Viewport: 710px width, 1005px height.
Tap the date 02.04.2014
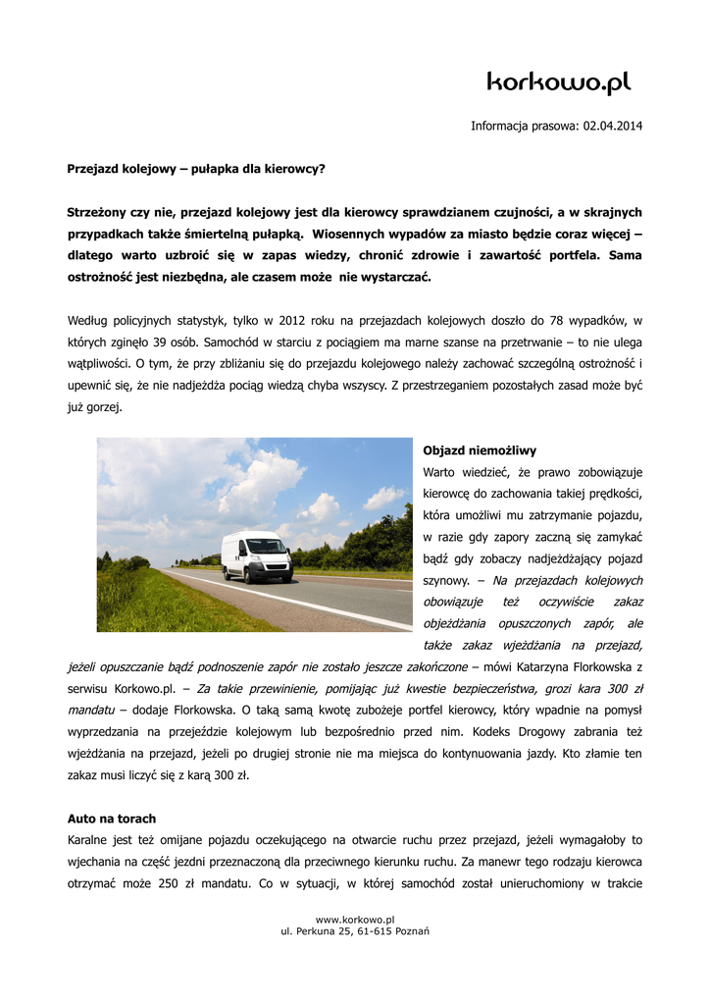click(x=613, y=127)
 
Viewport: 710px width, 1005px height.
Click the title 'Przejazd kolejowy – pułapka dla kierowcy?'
click(x=195, y=169)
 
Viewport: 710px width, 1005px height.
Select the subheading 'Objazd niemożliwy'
click(x=480, y=450)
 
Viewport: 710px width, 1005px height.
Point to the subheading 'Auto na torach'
click(x=111, y=818)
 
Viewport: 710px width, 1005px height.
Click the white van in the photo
click(x=256, y=556)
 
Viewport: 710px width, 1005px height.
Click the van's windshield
click(x=266, y=546)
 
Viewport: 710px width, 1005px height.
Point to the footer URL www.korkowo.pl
click(x=354, y=919)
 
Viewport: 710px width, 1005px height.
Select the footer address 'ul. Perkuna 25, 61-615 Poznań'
click(x=354, y=930)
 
